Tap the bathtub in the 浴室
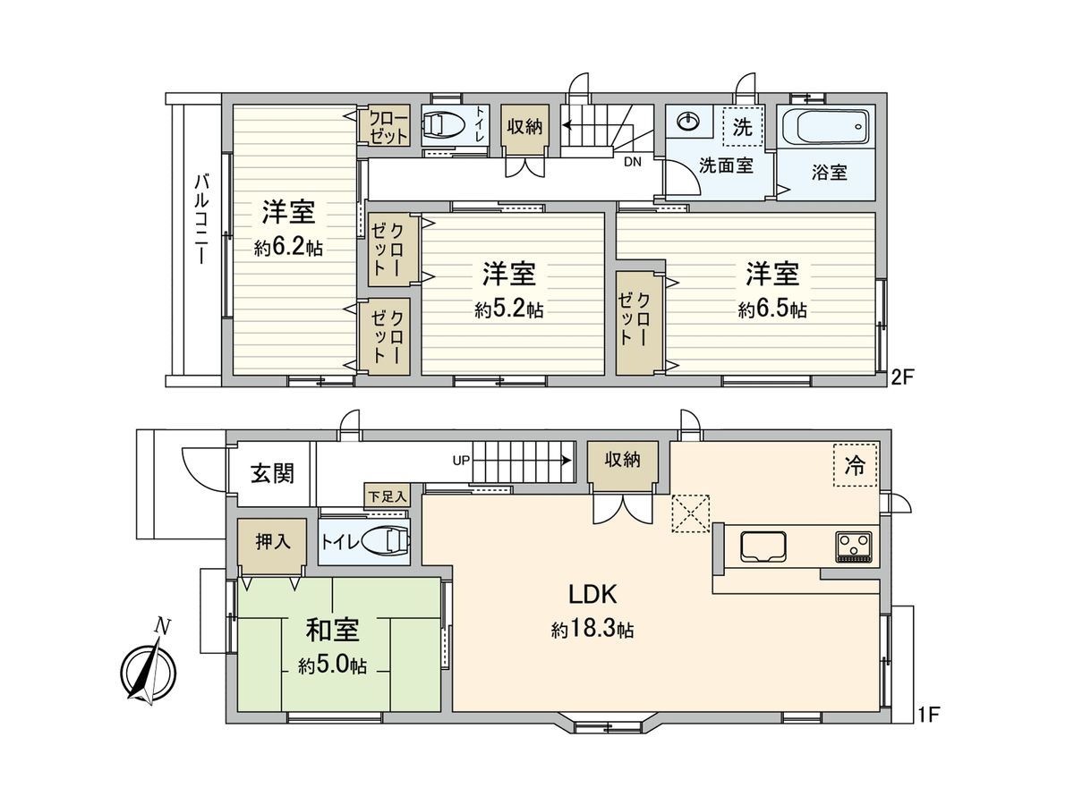coord(825,127)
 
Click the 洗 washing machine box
coord(743,126)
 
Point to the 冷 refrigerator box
coord(855,465)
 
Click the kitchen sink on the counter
coord(763,545)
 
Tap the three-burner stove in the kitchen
coord(854,546)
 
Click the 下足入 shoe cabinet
coord(387,495)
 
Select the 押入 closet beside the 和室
coord(273,543)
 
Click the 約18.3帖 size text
coord(592,631)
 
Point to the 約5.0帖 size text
coord(332,665)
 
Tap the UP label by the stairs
coord(461,461)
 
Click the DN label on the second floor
coord(632,163)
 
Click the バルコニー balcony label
coord(201,220)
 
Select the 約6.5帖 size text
coord(772,309)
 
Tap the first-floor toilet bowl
coord(392,542)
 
